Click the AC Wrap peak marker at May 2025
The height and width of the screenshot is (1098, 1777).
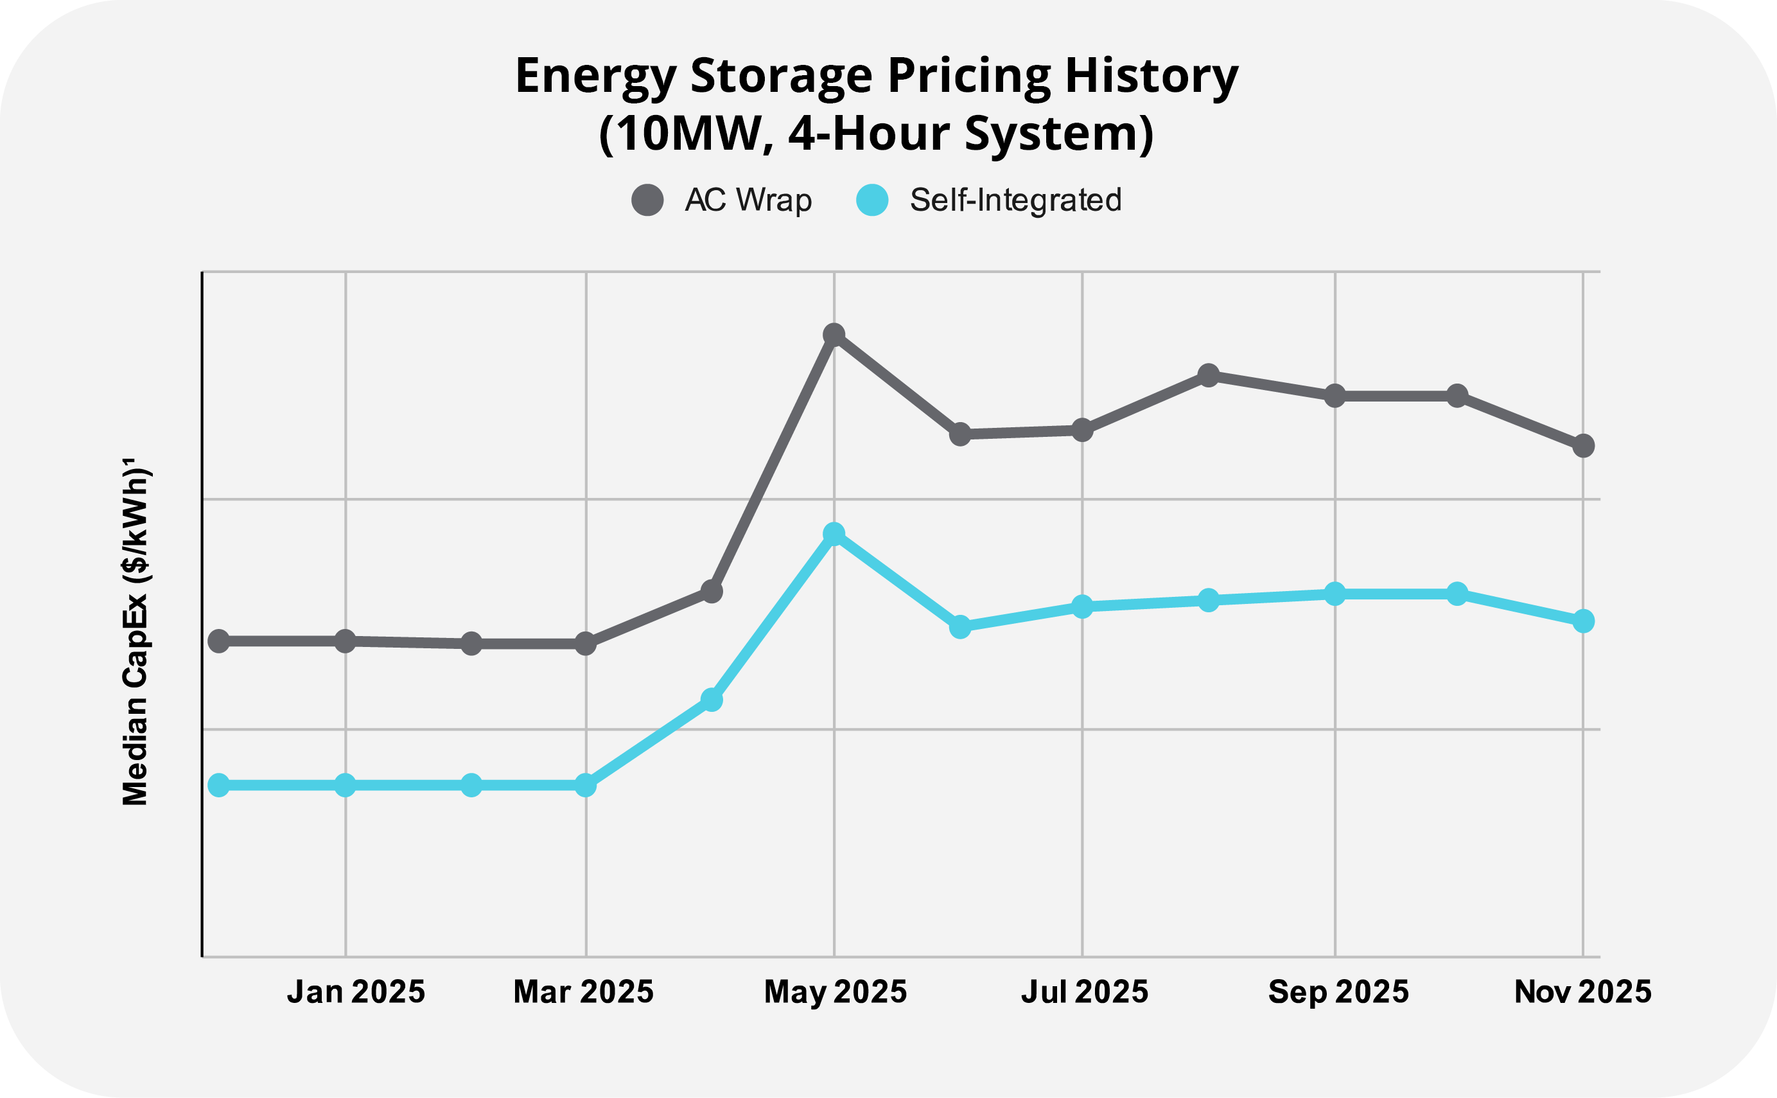tap(834, 335)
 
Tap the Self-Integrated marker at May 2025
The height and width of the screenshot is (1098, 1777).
tap(834, 534)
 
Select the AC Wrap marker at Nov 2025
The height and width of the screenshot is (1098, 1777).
tap(1583, 446)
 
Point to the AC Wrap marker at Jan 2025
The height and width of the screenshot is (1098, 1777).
tap(346, 641)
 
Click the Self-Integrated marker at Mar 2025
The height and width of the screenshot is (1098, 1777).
tap(586, 785)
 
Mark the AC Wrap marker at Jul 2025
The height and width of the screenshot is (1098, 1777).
tap(1082, 430)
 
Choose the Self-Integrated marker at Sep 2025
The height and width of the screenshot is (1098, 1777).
tap(1335, 593)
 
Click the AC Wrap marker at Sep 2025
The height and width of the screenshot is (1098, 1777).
tap(1335, 396)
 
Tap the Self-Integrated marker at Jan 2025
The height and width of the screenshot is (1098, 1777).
tap(346, 785)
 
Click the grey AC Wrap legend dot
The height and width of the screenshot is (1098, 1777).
tap(647, 200)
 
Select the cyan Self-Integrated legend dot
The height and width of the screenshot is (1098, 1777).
tap(873, 200)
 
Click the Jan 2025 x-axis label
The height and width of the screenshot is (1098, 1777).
tap(356, 992)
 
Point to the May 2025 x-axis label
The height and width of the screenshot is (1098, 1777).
tap(836, 992)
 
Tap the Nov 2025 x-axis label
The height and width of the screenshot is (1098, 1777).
tap(1583, 992)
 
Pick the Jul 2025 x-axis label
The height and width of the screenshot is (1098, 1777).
tap(1085, 992)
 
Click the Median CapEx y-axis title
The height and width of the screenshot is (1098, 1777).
tap(136, 632)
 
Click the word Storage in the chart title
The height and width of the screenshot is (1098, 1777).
tap(781, 76)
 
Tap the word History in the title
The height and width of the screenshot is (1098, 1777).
tap(1151, 76)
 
